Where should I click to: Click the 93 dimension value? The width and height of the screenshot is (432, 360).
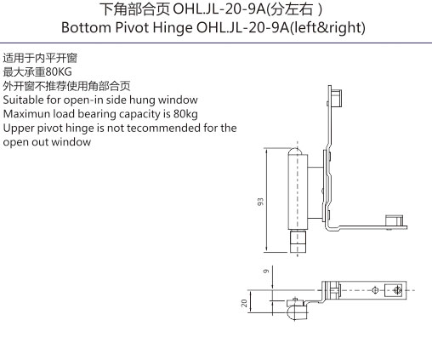click(x=260, y=202)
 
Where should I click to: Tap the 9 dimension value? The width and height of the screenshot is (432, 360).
click(x=266, y=271)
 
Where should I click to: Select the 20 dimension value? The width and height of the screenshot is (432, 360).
click(x=244, y=303)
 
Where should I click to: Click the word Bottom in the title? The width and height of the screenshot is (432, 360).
click(x=86, y=27)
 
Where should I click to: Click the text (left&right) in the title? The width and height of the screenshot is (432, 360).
click(x=328, y=28)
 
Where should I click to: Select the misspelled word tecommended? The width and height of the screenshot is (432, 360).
click(x=163, y=128)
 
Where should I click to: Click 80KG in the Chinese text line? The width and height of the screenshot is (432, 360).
click(x=59, y=72)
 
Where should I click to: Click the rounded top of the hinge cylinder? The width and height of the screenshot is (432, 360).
click(x=296, y=151)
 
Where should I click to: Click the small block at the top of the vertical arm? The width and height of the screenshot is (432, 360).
click(x=337, y=98)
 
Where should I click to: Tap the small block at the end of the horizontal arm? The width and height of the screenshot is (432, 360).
click(x=394, y=220)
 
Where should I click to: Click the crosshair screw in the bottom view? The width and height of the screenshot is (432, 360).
click(x=397, y=290)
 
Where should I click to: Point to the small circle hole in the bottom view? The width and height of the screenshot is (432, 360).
click(x=375, y=290)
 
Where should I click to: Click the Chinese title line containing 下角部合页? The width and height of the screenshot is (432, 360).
click(x=211, y=9)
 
